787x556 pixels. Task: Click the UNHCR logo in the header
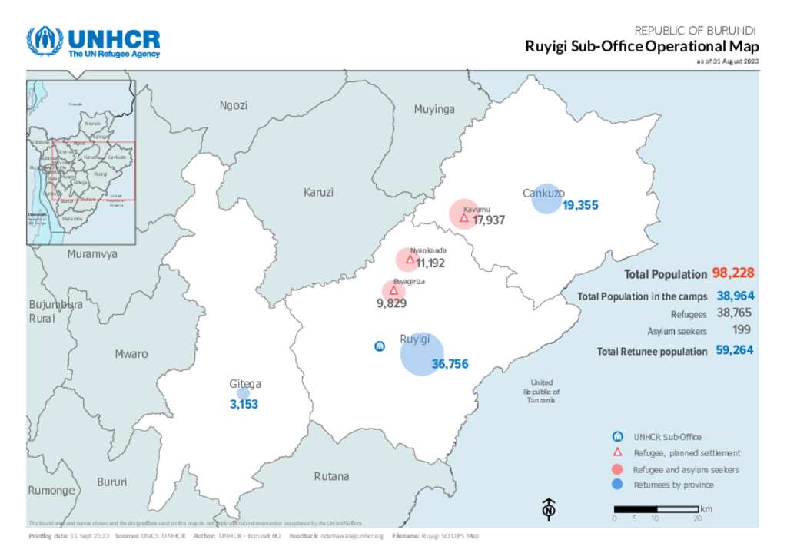pyautogui.click(x=93, y=42)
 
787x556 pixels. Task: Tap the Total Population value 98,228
pyautogui.click(x=732, y=273)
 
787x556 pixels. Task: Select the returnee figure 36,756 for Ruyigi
pyautogui.click(x=450, y=365)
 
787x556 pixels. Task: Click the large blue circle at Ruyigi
pyautogui.click(x=422, y=354)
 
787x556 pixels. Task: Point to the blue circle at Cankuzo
pyautogui.click(x=546, y=199)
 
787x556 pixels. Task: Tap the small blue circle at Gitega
pyautogui.click(x=243, y=393)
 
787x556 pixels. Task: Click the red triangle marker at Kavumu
pyautogui.click(x=464, y=217)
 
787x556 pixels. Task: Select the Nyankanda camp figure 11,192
pyautogui.click(x=430, y=263)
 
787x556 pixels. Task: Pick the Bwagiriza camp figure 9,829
pyautogui.click(x=391, y=303)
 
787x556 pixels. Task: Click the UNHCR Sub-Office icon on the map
pyautogui.click(x=379, y=347)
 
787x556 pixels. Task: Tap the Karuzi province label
pyautogui.click(x=318, y=191)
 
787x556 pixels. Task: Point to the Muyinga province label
pyautogui.click(x=434, y=109)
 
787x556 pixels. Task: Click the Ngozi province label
pyautogui.click(x=233, y=105)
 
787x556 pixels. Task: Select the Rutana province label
pyautogui.click(x=331, y=476)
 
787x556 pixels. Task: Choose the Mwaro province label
pyautogui.click(x=131, y=354)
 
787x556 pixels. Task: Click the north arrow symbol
pyautogui.click(x=549, y=508)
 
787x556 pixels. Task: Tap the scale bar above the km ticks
pyautogui.click(x=656, y=508)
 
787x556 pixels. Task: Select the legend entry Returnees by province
pyautogui.click(x=673, y=485)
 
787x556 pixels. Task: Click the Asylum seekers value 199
pyautogui.click(x=741, y=330)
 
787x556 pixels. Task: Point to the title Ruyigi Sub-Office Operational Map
pyautogui.click(x=642, y=46)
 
